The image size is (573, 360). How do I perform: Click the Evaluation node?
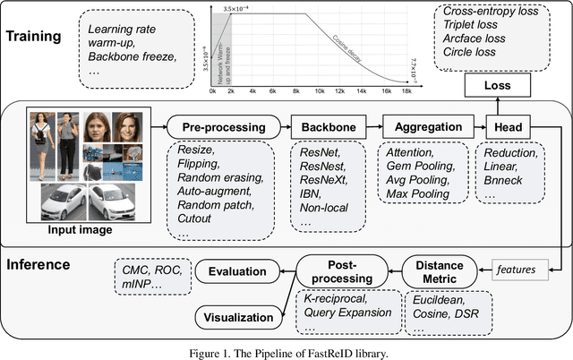pos(238,271)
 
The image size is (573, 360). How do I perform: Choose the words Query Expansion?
pos(348,313)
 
